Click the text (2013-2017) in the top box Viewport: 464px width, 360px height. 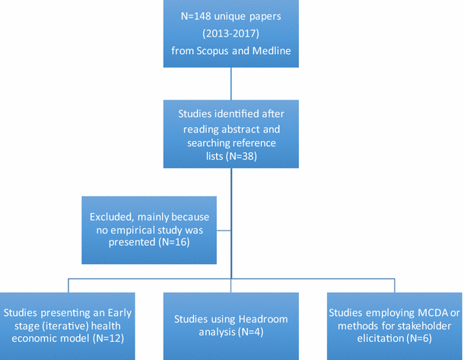click(x=231, y=35)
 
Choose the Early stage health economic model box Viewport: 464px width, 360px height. click(x=68, y=326)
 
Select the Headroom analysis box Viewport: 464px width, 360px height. click(x=231, y=326)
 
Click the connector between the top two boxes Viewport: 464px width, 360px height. click(x=231, y=84)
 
